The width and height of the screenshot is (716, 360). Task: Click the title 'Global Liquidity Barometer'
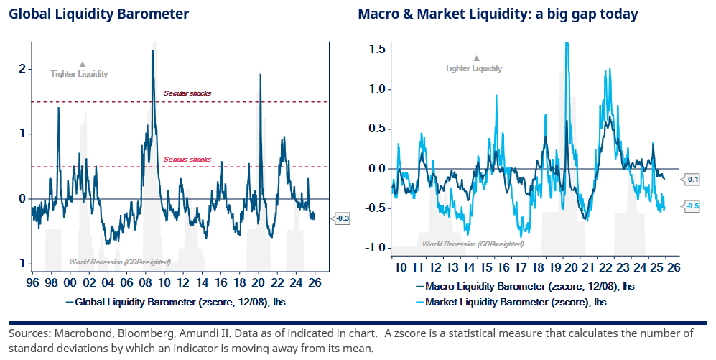(99, 14)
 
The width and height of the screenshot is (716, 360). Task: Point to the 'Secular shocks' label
(187, 93)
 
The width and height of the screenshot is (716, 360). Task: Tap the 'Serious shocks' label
(187, 159)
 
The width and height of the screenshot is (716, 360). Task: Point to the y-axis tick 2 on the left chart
(22, 68)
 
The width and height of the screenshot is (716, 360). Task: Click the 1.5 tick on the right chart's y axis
(377, 49)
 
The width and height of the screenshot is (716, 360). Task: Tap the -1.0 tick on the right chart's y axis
(375, 248)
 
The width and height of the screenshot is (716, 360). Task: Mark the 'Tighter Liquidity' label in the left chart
(79, 74)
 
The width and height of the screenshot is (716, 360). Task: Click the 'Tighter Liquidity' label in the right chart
(473, 68)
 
